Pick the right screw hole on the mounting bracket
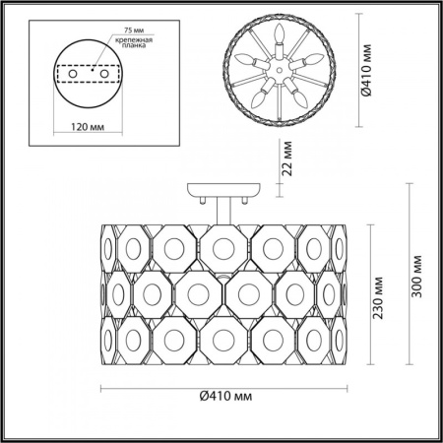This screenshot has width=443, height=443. pos(96,72)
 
